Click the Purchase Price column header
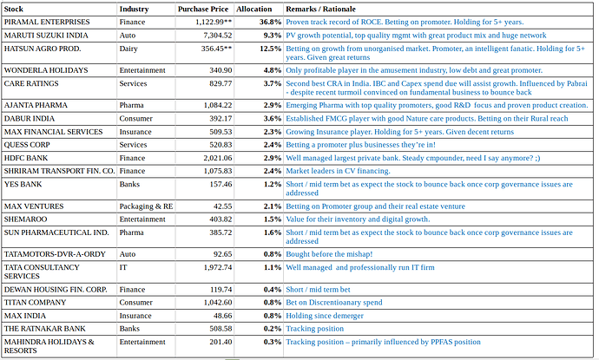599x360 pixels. click(x=203, y=10)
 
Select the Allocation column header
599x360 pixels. click(x=254, y=10)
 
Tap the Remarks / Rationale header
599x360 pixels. click(x=321, y=10)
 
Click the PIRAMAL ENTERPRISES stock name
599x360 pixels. click(x=47, y=23)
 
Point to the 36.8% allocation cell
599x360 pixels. click(x=271, y=23)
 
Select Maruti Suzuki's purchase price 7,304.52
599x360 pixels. click(x=218, y=36)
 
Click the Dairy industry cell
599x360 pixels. click(x=128, y=49)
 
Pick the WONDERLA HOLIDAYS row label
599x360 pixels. click(x=46, y=70)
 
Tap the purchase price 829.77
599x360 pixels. click(x=221, y=83)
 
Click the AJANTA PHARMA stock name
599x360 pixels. click(x=36, y=105)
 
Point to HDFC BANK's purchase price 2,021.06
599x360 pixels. click(x=218, y=158)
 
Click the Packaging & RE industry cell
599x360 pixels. click(x=146, y=206)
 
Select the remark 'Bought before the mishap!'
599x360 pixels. click(x=329, y=254)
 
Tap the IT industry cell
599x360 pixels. click(x=123, y=267)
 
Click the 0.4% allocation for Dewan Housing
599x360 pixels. click(x=273, y=290)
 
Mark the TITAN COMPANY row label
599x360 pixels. click(x=35, y=303)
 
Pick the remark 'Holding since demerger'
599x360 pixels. click(x=325, y=316)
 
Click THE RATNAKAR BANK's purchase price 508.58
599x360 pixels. click(x=221, y=329)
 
